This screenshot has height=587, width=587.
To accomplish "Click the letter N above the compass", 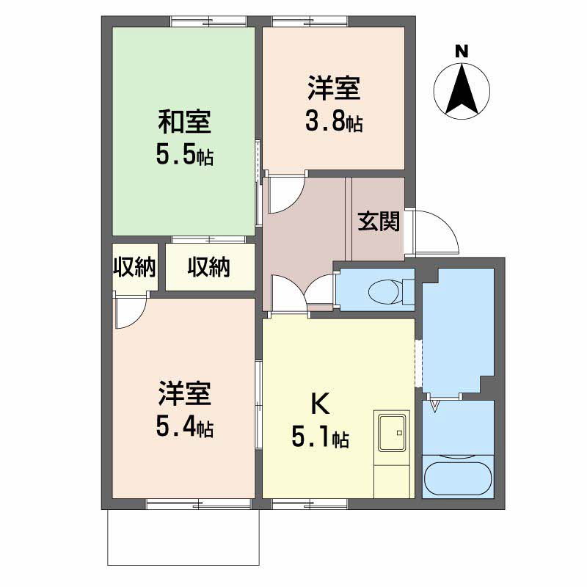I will (462, 51).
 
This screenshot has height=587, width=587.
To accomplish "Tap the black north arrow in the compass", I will (462, 91).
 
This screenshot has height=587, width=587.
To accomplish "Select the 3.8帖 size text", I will (334, 122).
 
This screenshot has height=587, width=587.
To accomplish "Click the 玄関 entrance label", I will (379, 221).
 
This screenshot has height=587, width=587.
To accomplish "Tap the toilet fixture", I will (386, 288).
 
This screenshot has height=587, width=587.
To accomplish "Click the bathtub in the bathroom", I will (459, 477).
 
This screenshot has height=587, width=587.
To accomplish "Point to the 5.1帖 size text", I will (320, 438).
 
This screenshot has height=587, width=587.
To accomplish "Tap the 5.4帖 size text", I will (184, 428).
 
